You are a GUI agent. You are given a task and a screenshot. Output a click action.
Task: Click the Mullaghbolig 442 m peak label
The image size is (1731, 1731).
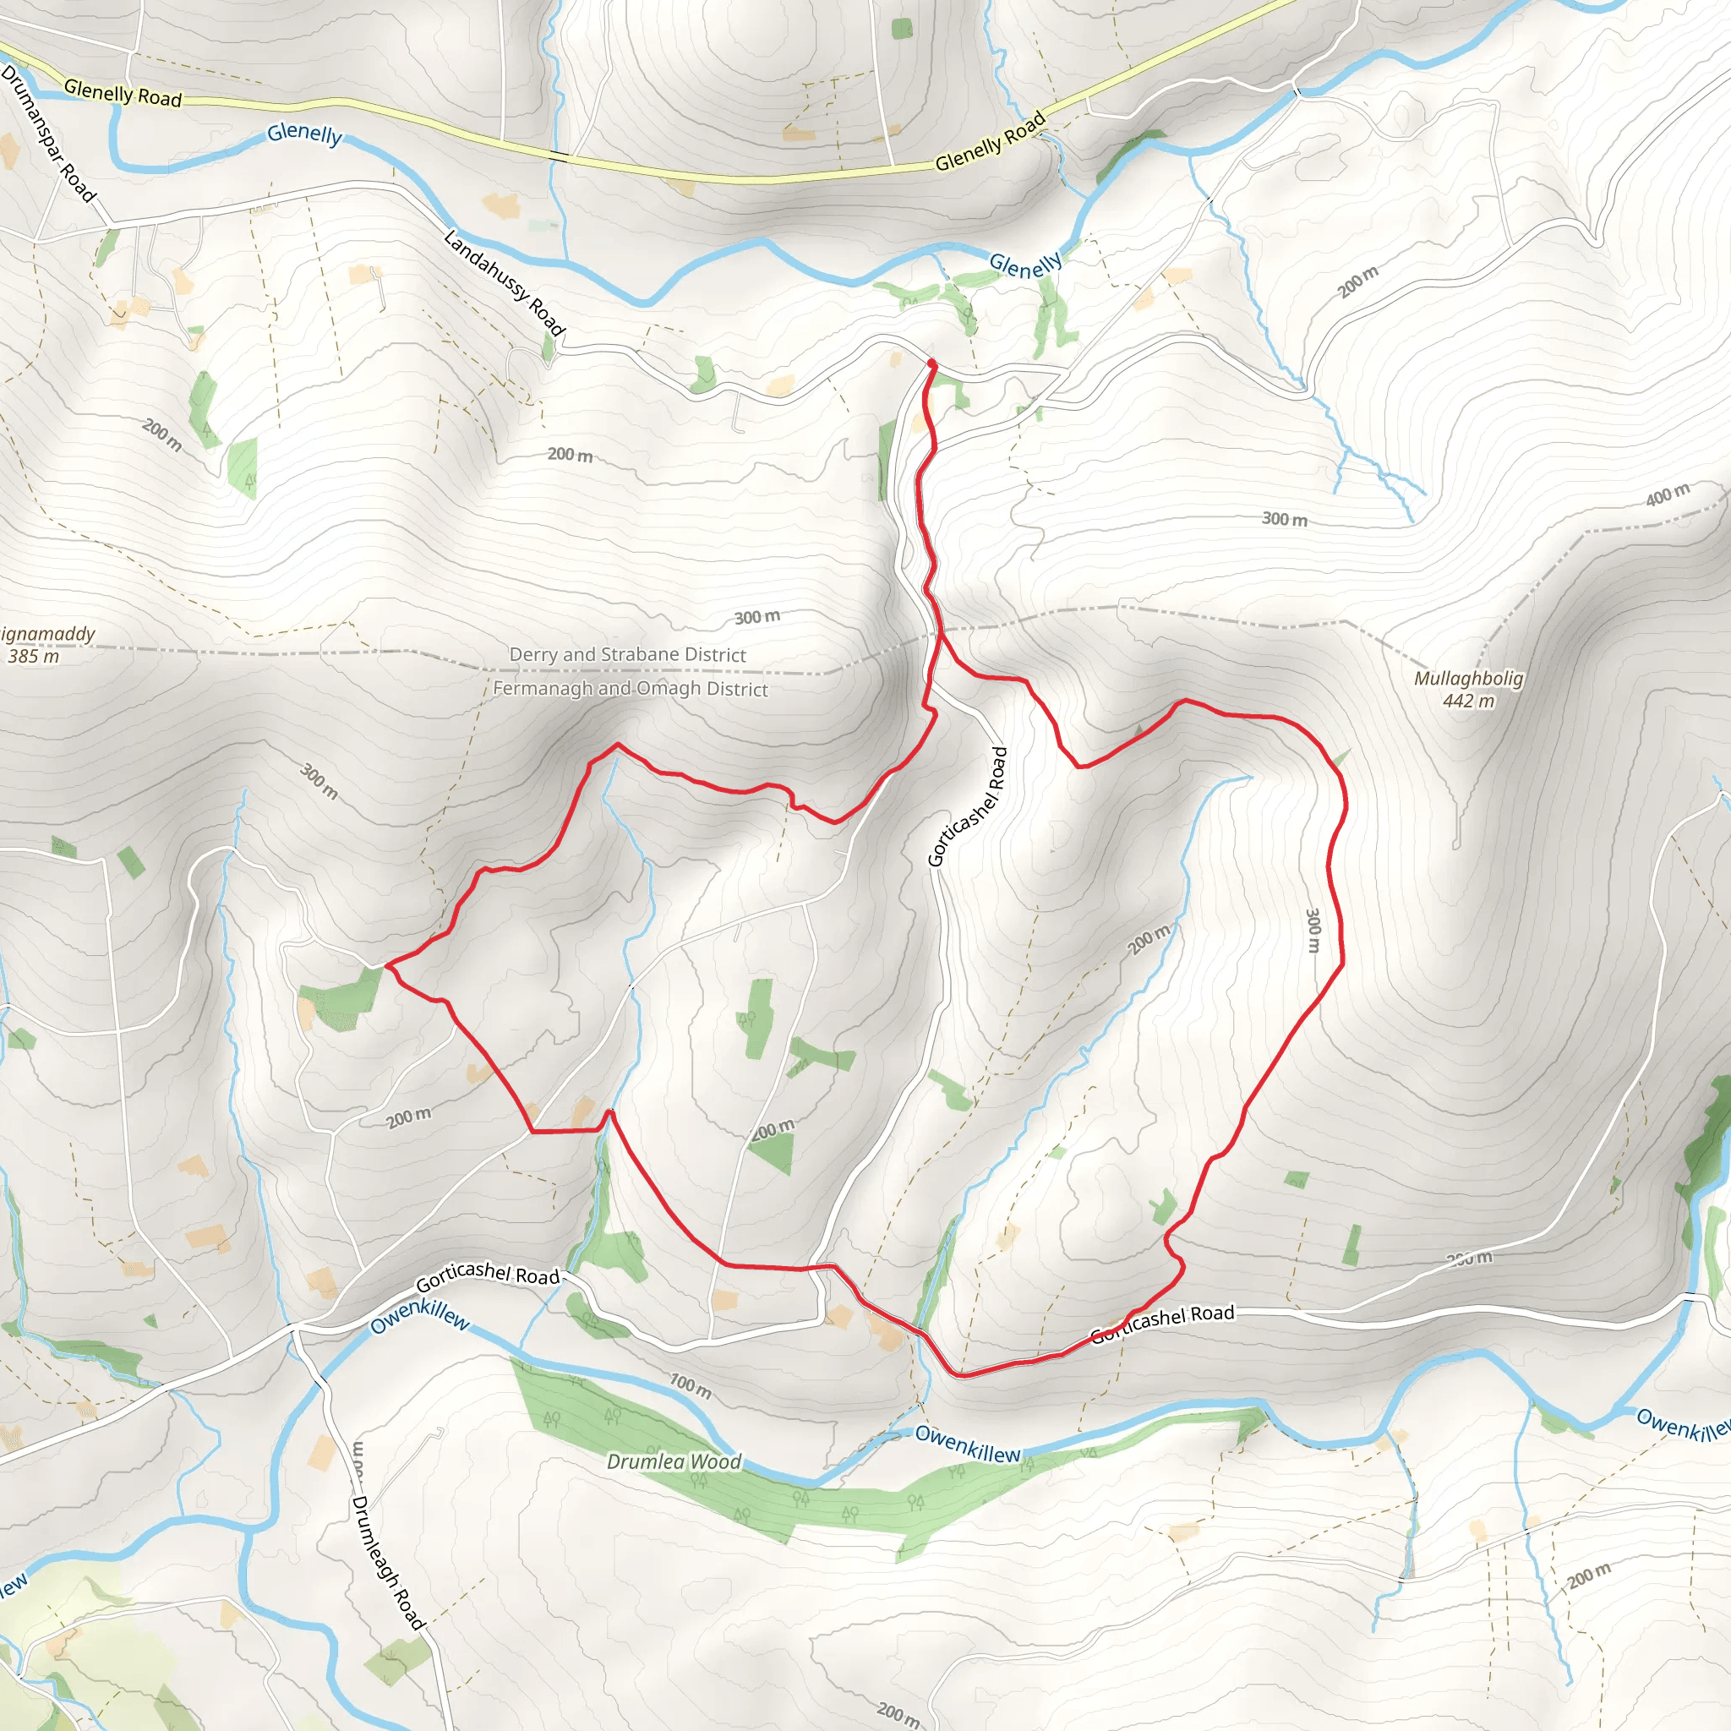pyautogui.click(x=1468, y=689)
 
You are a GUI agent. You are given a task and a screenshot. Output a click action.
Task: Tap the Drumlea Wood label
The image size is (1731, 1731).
pyautogui.click(x=674, y=1461)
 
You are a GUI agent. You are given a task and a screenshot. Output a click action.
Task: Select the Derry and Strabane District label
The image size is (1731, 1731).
pyautogui.click(x=627, y=654)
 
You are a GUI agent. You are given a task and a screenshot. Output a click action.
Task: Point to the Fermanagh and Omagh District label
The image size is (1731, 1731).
pyautogui.click(x=630, y=688)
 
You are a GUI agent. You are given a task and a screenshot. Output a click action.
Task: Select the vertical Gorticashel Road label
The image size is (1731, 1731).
pyautogui.click(x=967, y=806)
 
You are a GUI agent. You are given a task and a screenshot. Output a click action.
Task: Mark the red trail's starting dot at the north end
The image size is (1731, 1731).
pyautogui.click(x=931, y=363)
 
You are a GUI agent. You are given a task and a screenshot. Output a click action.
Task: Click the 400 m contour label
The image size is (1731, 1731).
pyautogui.click(x=1668, y=494)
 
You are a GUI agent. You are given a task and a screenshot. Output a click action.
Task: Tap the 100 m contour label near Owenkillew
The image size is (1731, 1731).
pyautogui.click(x=691, y=1385)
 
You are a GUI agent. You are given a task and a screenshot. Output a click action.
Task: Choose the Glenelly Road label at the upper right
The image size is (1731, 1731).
pyautogui.click(x=990, y=140)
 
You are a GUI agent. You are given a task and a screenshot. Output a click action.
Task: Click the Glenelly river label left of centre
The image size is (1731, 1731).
pyautogui.click(x=304, y=134)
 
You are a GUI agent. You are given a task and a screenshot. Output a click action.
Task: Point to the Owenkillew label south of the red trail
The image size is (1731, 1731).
pyautogui.click(x=967, y=1445)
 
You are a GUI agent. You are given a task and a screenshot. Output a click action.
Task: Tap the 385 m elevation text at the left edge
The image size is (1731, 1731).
pyautogui.click(x=34, y=656)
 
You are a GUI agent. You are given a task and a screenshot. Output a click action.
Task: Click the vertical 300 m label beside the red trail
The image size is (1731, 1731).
pyautogui.click(x=1313, y=930)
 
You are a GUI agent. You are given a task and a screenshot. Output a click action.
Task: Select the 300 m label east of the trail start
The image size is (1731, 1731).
pyautogui.click(x=1284, y=519)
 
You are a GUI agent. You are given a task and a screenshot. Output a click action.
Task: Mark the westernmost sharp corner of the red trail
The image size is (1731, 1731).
pyautogui.click(x=386, y=965)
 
